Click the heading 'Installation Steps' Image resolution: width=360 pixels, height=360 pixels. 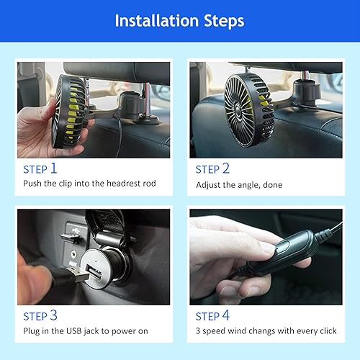[180, 20]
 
